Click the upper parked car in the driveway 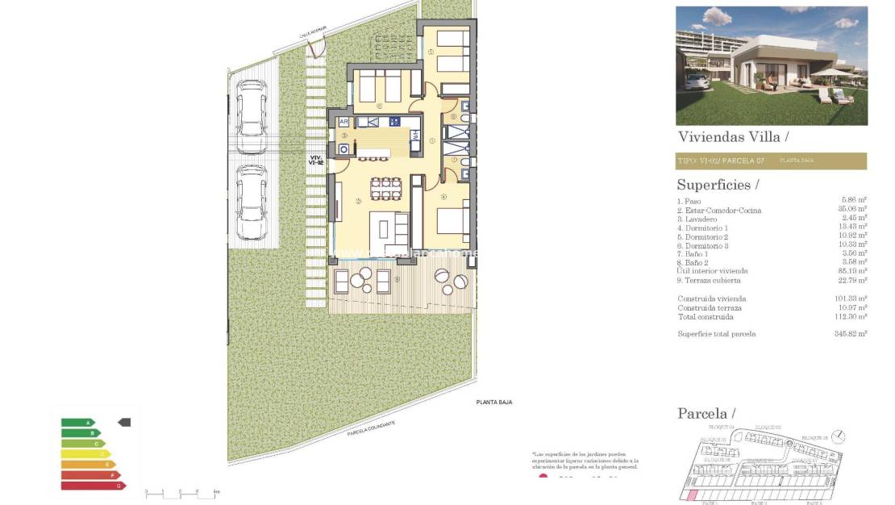(252, 115)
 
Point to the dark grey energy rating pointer (124, 422)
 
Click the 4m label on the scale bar (215, 491)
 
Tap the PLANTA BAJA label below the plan (494, 402)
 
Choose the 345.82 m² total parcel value (851, 333)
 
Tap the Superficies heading (718, 185)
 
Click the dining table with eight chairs (385, 189)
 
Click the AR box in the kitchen (343, 122)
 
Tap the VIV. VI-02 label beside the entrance (317, 160)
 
